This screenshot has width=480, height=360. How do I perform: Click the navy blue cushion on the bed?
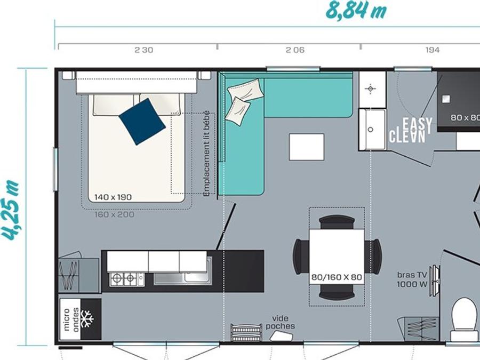[142, 122]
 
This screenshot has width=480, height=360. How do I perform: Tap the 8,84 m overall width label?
[356, 11]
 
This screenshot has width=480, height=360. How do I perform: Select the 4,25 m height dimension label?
[11, 210]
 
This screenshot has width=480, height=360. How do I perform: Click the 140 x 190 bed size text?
[113, 197]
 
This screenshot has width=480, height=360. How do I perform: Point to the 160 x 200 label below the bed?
[114, 214]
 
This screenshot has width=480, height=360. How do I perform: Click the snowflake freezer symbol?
[87, 319]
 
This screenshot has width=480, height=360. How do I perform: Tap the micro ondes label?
[71, 319]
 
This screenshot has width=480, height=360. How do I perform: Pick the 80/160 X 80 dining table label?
[337, 277]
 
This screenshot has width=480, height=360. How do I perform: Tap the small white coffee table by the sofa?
[307, 147]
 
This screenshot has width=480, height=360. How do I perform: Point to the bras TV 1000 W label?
[412, 279]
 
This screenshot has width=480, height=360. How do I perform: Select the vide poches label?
[280, 322]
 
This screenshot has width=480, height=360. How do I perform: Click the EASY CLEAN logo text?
[411, 131]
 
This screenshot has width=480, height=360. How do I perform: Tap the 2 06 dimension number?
[295, 50]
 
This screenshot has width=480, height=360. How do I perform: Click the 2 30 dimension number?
[144, 50]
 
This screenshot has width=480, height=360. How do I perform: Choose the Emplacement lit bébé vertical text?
[207, 153]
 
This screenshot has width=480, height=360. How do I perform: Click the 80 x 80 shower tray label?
[465, 117]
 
